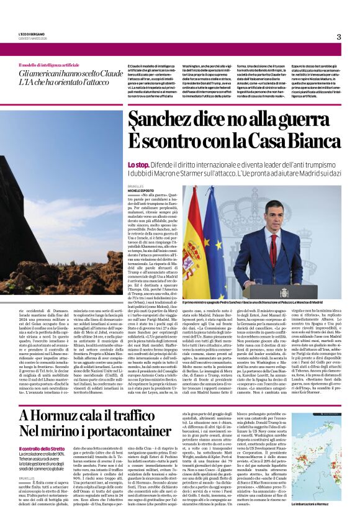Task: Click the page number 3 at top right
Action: click(339, 37)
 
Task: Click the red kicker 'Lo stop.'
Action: click(138, 164)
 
